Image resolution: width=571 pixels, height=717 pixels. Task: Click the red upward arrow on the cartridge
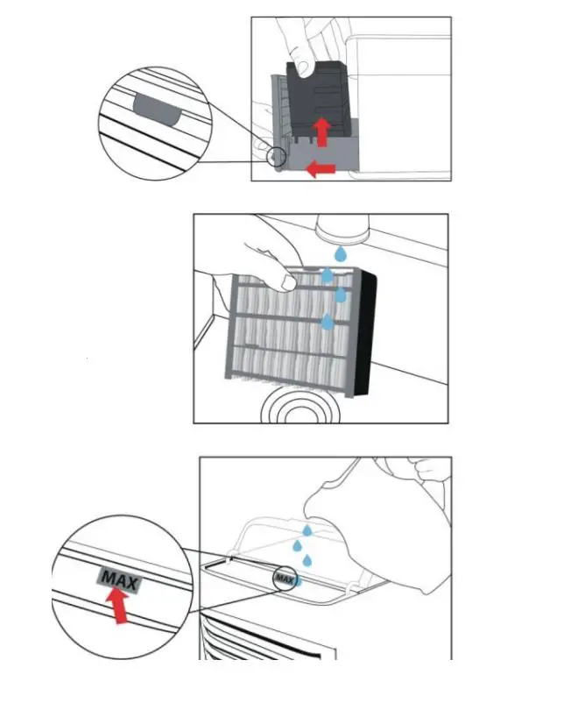[x=322, y=131]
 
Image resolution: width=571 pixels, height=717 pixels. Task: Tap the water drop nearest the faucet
[x=339, y=252]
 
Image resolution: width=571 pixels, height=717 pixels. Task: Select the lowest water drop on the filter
[x=328, y=323]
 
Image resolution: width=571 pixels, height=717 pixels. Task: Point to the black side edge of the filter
[x=366, y=333]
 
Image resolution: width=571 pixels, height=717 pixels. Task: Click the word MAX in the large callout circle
[x=119, y=579]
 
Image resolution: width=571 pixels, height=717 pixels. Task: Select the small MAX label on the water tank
[x=283, y=578]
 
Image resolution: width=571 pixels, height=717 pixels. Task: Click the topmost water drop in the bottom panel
[x=307, y=529]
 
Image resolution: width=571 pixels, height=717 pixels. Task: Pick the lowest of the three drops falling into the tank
[x=308, y=560]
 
